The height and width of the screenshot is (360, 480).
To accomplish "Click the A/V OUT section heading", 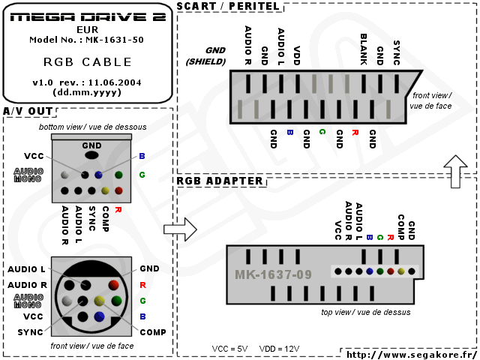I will [28, 112].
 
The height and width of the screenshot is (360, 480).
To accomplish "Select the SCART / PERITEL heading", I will [228, 7].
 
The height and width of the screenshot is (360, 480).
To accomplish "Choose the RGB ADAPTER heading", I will [219, 181].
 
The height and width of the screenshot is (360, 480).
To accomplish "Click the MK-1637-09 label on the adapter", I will [273, 274].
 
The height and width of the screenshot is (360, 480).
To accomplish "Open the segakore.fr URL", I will [411, 353].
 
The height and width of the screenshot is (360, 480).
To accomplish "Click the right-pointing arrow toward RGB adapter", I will [180, 229].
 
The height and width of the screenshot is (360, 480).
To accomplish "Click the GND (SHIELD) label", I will [205, 55].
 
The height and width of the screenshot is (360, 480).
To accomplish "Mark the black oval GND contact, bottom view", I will [91, 155].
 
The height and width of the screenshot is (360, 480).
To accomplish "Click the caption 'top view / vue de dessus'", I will [365, 312].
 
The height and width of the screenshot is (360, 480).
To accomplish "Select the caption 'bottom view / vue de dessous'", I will [93, 127].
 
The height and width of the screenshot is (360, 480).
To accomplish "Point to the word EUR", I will [87, 29].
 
